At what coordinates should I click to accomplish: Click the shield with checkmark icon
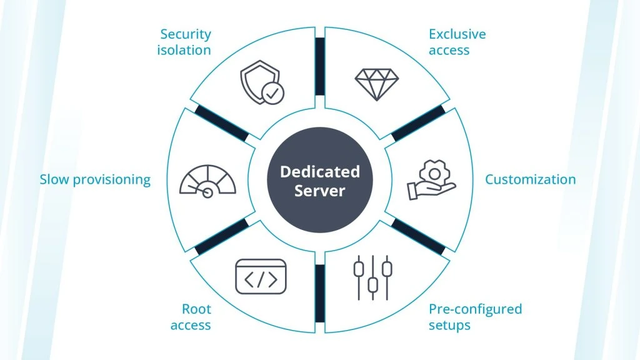click(262, 82)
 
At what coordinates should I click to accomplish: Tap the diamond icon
click(377, 84)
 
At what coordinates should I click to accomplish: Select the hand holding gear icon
click(431, 179)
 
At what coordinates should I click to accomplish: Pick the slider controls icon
click(372, 277)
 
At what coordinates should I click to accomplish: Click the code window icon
click(261, 277)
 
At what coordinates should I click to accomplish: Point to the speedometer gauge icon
click(207, 181)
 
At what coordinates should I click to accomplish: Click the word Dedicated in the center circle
click(320, 172)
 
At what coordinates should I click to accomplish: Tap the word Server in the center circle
click(320, 191)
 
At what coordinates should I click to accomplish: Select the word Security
click(186, 34)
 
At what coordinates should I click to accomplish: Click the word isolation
click(184, 50)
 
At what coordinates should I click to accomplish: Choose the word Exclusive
click(457, 34)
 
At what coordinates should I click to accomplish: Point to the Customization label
click(530, 179)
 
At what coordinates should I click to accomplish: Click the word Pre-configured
click(475, 309)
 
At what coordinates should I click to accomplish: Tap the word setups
click(449, 325)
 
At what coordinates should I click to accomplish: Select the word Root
click(196, 309)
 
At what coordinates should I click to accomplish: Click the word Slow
click(55, 179)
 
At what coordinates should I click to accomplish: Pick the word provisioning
click(112, 180)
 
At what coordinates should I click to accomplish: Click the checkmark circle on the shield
click(272, 93)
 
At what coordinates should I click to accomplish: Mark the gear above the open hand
click(435, 174)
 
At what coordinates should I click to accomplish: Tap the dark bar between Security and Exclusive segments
click(320, 66)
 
